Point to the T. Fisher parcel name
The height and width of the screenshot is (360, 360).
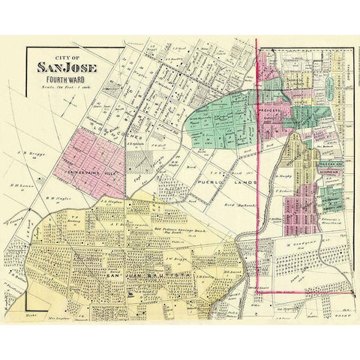pyautogui.click(x=283, y=191)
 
